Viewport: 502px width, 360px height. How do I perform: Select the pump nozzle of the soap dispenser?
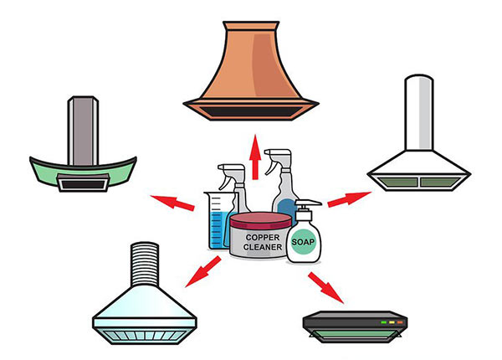(x=308, y=204)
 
